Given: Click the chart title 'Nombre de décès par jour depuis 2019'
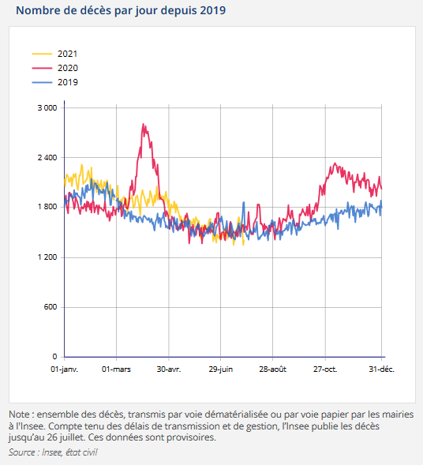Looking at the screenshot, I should (x=120, y=11).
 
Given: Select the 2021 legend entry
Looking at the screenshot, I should (x=67, y=54).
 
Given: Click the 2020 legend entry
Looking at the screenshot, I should (x=67, y=68).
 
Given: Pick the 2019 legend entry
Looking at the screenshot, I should (x=67, y=82).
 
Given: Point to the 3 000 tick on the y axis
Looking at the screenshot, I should (x=47, y=107).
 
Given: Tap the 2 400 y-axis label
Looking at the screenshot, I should (x=47, y=158).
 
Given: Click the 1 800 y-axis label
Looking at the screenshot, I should (x=47, y=208).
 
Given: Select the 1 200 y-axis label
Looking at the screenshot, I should (x=47, y=257).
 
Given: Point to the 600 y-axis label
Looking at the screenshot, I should (x=51, y=307).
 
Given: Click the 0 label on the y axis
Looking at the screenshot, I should (x=54, y=357).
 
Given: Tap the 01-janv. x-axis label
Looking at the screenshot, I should (x=65, y=369).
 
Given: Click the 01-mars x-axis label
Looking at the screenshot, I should (x=116, y=369).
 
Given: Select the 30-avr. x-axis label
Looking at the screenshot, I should (x=168, y=369).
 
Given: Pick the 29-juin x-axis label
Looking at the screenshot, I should (x=220, y=369).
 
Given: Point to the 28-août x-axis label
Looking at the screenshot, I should (x=273, y=369).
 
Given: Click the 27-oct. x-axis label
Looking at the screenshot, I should (x=325, y=369).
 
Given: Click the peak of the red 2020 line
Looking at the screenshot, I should (x=143, y=124).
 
